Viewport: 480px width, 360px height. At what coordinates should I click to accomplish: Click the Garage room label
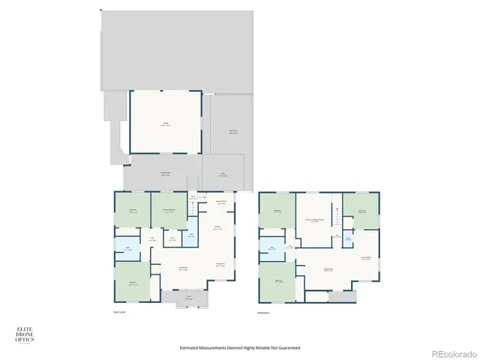pos(165,124)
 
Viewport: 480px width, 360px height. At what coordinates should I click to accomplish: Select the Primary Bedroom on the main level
pos(169,211)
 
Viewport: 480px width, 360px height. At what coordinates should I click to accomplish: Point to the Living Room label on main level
pos(182,267)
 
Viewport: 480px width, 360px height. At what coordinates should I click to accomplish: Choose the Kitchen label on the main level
pos(217,229)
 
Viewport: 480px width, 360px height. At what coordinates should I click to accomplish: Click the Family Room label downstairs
pos(328,270)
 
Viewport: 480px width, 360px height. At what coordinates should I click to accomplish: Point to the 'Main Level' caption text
pos(118,312)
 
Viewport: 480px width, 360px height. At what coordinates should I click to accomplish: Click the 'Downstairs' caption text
pos(263,312)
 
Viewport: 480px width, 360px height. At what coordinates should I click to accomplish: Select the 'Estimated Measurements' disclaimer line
pos(240,348)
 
